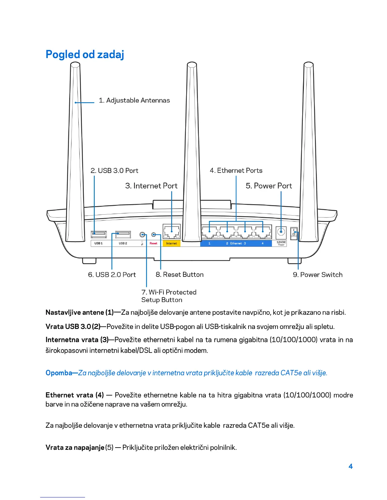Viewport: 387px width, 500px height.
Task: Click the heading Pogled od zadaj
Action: (85, 54)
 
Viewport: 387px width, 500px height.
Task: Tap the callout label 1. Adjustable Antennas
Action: (134, 100)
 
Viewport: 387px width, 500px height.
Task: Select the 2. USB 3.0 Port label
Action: (114, 171)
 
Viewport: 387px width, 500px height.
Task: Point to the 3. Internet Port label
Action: (151, 186)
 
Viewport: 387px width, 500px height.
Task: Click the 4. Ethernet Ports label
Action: (236, 171)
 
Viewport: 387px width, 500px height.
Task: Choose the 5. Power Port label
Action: (269, 186)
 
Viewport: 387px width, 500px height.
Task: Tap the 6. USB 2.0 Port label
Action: (112, 275)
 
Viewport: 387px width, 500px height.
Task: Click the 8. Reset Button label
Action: (180, 275)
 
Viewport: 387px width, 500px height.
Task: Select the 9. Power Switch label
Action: (317, 275)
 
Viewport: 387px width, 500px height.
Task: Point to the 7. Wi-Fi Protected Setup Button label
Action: (169, 296)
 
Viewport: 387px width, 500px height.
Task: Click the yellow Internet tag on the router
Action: (171, 243)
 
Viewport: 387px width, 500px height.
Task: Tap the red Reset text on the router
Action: (153, 243)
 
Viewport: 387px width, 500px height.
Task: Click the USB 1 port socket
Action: (99, 234)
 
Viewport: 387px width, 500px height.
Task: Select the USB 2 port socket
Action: (123, 234)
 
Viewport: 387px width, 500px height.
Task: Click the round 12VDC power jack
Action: (281, 233)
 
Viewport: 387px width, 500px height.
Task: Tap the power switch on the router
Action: (294, 234)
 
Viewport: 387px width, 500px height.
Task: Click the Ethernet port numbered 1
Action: (210, 233)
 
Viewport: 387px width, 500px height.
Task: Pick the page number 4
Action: (350, 466)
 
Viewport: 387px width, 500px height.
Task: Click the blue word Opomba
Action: (59, 373)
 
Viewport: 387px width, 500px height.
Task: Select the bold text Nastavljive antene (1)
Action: (79, 312)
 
